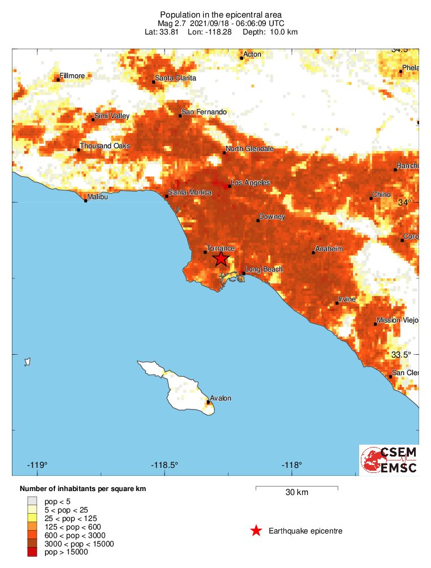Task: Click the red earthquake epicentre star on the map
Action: click(221, 259)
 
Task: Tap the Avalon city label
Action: click(221, 398)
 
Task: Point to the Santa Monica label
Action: click(190, 192)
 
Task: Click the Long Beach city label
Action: click(264, 269)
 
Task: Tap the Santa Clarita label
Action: click(176, 78)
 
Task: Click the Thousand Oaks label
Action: click(105, 146)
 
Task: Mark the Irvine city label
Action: click(347, 299)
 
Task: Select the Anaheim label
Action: click(329, 249)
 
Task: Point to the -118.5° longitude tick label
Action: click(165, 465)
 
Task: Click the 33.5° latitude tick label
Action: click(402, 355)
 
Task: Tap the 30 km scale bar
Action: click(296, 487)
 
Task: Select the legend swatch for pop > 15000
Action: click(32, 552)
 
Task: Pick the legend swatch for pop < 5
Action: click(32, 501)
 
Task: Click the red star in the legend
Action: click(256, 531)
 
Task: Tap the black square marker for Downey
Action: click(258, 220)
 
